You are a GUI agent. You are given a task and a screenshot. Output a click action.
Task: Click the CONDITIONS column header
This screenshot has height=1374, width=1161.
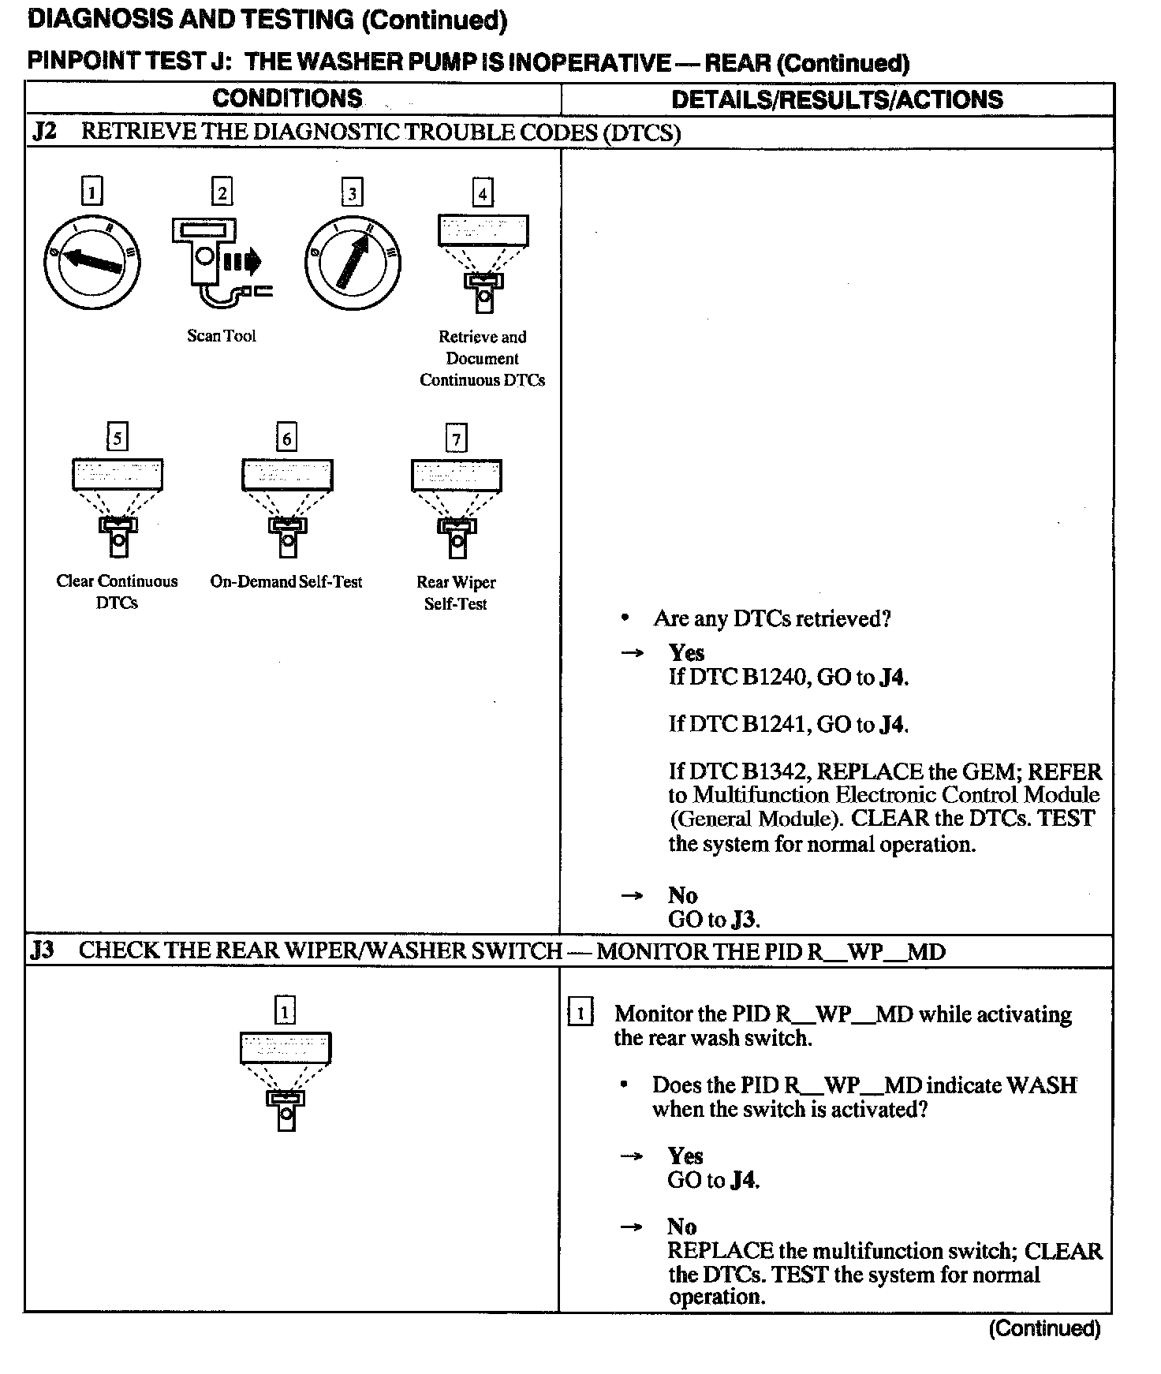coord(287,99)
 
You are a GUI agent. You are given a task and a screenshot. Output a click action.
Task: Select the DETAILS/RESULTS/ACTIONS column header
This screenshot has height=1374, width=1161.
coord(837,99)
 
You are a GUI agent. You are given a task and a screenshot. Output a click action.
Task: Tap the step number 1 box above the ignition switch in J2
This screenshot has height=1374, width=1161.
coord(92,192)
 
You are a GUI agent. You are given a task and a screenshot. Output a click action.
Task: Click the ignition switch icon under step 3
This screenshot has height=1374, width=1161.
coord(352,262)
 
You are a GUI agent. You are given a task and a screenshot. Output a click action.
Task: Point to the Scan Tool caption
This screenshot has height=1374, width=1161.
coord(222,336)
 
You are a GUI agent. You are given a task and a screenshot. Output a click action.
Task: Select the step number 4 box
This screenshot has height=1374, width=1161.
coord(482,192)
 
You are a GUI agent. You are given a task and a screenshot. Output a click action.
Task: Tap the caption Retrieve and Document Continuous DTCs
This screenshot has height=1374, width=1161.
coord(482,358)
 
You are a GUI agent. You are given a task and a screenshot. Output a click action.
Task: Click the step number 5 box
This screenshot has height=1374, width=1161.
coord(117,437)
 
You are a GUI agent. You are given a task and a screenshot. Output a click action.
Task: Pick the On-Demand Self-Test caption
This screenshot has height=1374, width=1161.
coord(286,582)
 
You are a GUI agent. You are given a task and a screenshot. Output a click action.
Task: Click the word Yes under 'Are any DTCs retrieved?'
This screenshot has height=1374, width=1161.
coord(686,652)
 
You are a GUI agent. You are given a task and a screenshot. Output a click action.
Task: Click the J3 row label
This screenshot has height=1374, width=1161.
coord(43,950)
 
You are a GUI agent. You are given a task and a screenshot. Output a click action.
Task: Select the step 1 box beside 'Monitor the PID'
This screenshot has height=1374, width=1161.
coord(580,1013)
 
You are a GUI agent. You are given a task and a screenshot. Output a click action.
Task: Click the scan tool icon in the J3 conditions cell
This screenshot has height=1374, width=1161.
coord(286,1081)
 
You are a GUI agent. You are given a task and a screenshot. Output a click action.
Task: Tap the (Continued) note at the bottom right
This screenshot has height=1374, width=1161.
coord(1043,1329)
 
